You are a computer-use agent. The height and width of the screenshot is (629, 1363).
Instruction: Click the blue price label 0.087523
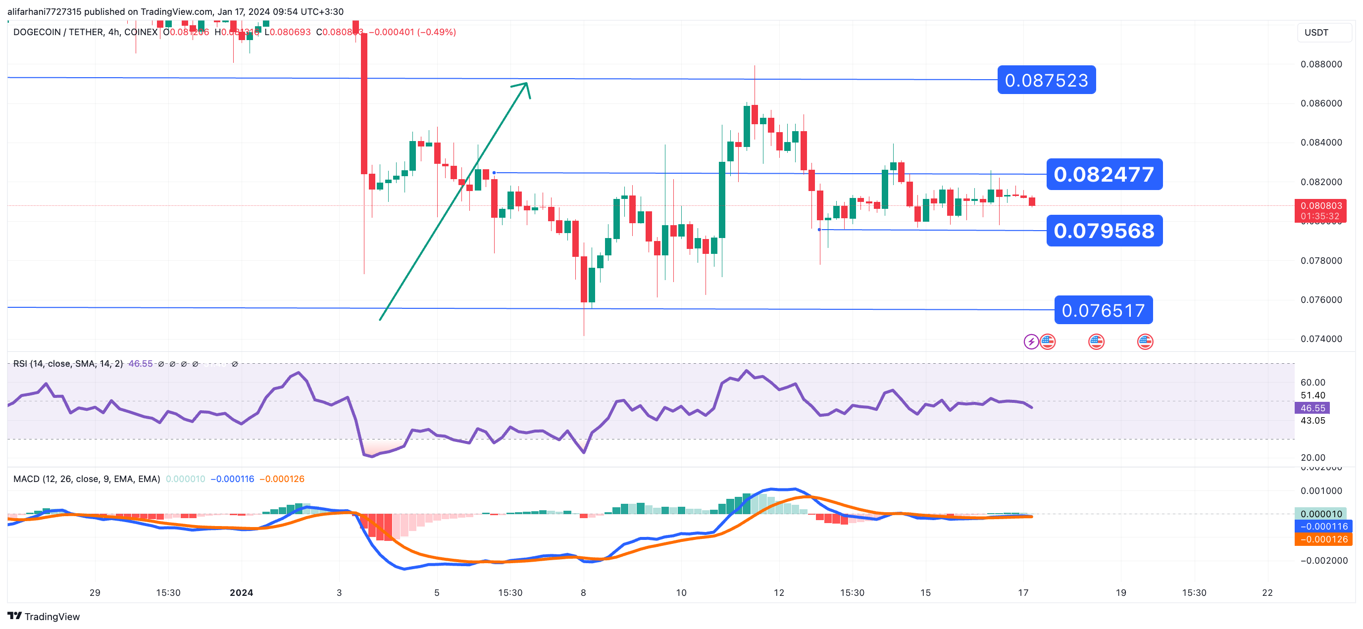(1046, 80)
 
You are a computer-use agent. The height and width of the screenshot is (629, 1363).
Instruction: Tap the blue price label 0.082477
(1104, 174)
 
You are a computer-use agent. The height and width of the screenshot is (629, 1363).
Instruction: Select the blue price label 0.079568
(1104, 231)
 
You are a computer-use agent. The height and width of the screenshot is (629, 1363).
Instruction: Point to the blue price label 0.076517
(1103, 310)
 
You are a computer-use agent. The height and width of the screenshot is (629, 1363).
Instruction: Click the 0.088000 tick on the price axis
(1321, 64)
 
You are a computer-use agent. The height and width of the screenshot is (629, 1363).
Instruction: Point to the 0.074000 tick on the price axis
(1321, 339)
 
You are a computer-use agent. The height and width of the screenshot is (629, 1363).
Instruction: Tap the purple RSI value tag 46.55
(1312, 408)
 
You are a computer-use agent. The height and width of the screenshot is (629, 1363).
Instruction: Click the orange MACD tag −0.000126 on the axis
(1323, 539)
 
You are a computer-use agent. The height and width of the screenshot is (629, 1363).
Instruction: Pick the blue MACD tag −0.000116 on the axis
(1323, 527)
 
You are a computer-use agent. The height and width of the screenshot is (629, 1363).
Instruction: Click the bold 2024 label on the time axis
(241, 592)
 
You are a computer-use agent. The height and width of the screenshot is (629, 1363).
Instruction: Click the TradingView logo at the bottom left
(44, 616)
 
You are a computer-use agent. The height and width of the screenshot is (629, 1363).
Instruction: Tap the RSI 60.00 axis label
(1312, 383)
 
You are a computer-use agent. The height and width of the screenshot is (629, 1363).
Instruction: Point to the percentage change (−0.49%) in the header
(437, 32)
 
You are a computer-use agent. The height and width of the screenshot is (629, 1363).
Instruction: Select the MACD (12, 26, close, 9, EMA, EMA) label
(87, 479)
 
